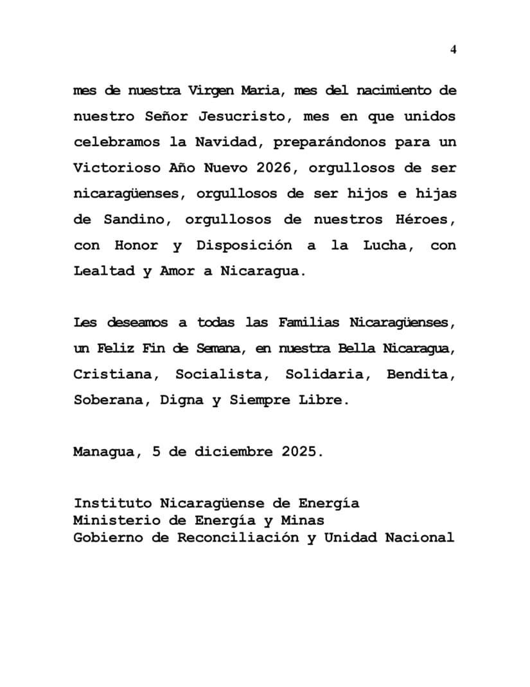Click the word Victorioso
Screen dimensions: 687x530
click(113, 168)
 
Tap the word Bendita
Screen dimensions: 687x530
click(420, 374)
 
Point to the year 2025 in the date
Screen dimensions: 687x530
click(299, 451)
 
